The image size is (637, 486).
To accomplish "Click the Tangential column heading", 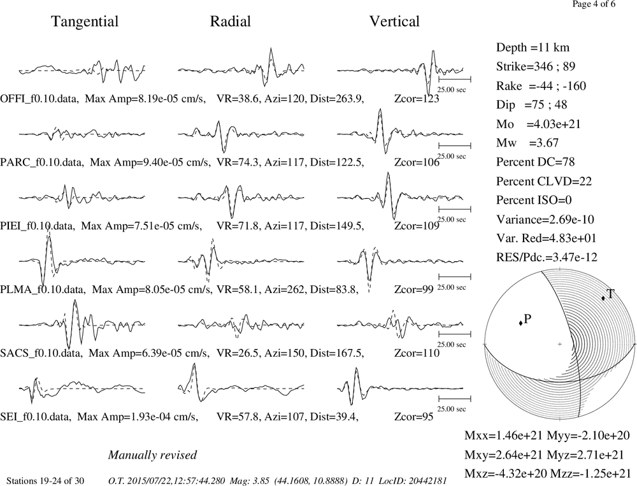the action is [85, 22].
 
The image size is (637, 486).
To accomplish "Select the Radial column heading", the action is [231, 22].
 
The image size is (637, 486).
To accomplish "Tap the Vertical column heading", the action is [394, 22].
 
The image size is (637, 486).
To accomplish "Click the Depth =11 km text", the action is [533, 48].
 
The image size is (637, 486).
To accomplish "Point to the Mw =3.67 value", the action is [527, 143].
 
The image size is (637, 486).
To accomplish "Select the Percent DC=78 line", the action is [536, 162].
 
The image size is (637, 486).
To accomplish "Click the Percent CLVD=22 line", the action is [544, 182].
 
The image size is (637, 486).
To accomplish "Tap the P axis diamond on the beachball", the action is [520, 323].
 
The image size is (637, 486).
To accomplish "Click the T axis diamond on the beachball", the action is [603, 298].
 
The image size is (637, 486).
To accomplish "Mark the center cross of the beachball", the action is [559, 344].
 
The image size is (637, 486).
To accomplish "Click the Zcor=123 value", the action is [417, 99].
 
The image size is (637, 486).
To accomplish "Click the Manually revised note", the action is [152, 455].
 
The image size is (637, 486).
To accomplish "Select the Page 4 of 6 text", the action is [594, 4].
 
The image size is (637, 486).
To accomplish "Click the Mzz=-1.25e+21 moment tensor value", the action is [590, 473].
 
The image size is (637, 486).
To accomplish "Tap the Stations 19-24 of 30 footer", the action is [45, 481].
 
